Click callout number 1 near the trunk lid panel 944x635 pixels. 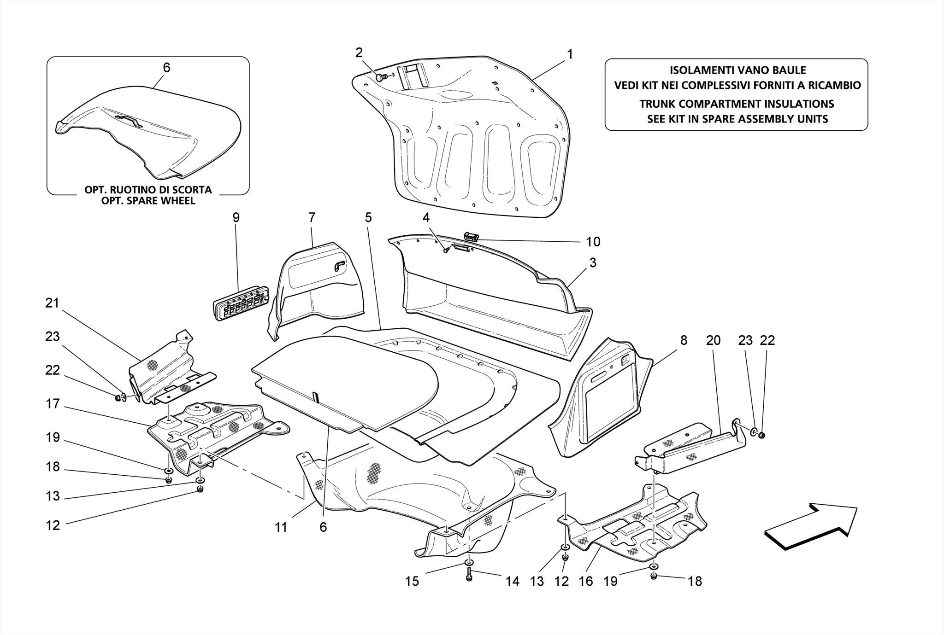click(x=570, y=54)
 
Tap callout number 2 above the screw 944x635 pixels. click(x=359, y=53)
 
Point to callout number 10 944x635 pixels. click(x=593, y=242)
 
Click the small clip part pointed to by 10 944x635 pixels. click(x=472, y=237)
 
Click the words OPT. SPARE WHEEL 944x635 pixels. click(x=148, y=201)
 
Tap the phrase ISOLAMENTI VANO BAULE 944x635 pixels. click(x=737, y=70)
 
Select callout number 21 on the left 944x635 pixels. click(x=52, y=303)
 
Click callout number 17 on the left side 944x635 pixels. click(x=53, y=404)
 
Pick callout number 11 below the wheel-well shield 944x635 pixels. click(x=281, y=527)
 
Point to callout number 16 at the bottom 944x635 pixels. click(x=586, y=582)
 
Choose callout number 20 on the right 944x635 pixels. click(x=713, y=340)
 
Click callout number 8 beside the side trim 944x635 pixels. click(x=684, y=340)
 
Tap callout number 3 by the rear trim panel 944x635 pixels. click(x=593, y=263)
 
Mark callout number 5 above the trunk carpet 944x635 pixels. click(x=368, y=217)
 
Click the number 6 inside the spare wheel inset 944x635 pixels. click(x=166, y=68)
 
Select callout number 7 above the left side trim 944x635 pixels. click(x=312, y=217)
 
